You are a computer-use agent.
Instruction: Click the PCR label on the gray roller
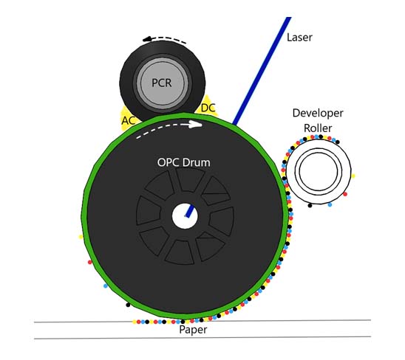(x=162, y=83)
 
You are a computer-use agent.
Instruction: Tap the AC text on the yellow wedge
(x=129, y=120)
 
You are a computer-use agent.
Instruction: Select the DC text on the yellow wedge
(x=208, y=108)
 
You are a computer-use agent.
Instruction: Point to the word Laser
(x=299, y=38)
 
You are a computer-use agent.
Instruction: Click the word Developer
(x=318, y=114)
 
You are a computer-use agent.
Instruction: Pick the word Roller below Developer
(x=318, y=128)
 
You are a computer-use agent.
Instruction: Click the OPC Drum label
(x=183, y=162)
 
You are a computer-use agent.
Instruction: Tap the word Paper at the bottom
(x=193, y=330)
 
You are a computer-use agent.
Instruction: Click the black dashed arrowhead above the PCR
(x=147, y=39)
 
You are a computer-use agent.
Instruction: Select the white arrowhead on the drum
(x=197, y=124)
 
